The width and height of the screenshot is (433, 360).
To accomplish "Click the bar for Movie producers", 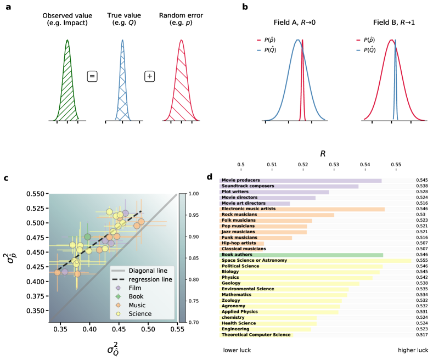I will tap(300, 180).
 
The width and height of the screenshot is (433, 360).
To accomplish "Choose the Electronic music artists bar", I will tap(302, 209).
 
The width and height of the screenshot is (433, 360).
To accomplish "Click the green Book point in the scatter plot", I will tap(87, 237).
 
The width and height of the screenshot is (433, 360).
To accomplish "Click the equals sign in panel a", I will tap(93, 76).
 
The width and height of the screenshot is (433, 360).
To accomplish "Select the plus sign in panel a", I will tap(149, 76).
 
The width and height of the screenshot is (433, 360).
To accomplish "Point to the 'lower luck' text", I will tap(237, 349).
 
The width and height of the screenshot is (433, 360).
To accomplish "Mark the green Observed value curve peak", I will tap(67, 40).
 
